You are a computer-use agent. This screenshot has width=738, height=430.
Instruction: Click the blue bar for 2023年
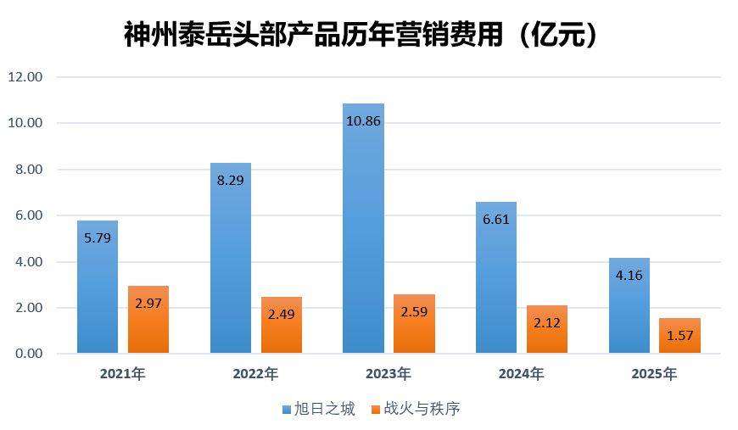363,228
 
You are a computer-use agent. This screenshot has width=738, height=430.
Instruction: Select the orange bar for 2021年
148,320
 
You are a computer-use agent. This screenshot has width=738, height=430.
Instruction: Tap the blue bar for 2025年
629,305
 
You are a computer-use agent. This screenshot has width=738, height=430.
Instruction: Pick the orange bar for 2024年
547,329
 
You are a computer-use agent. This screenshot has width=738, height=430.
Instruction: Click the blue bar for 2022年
231,258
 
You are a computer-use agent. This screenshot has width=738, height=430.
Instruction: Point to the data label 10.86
363,121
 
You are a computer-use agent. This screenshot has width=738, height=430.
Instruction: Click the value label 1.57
679,336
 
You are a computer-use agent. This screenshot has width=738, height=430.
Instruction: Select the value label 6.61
496,219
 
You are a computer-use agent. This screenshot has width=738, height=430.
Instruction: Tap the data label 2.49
282,315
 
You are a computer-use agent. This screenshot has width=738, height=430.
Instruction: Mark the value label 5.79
98,238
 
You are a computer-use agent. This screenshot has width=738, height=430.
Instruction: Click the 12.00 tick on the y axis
25,76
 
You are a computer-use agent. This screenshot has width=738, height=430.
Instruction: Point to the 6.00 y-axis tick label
29,215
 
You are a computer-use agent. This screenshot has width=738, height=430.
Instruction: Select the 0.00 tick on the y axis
29,354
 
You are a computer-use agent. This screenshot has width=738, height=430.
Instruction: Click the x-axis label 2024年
521,374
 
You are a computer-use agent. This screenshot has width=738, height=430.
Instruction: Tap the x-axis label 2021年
122,374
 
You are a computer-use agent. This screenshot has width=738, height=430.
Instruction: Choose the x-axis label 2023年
389,374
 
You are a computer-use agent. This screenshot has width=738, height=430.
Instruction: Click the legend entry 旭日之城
319,409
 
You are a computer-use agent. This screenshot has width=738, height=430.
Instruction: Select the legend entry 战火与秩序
416,409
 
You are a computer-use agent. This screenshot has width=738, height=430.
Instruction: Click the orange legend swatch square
376,410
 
